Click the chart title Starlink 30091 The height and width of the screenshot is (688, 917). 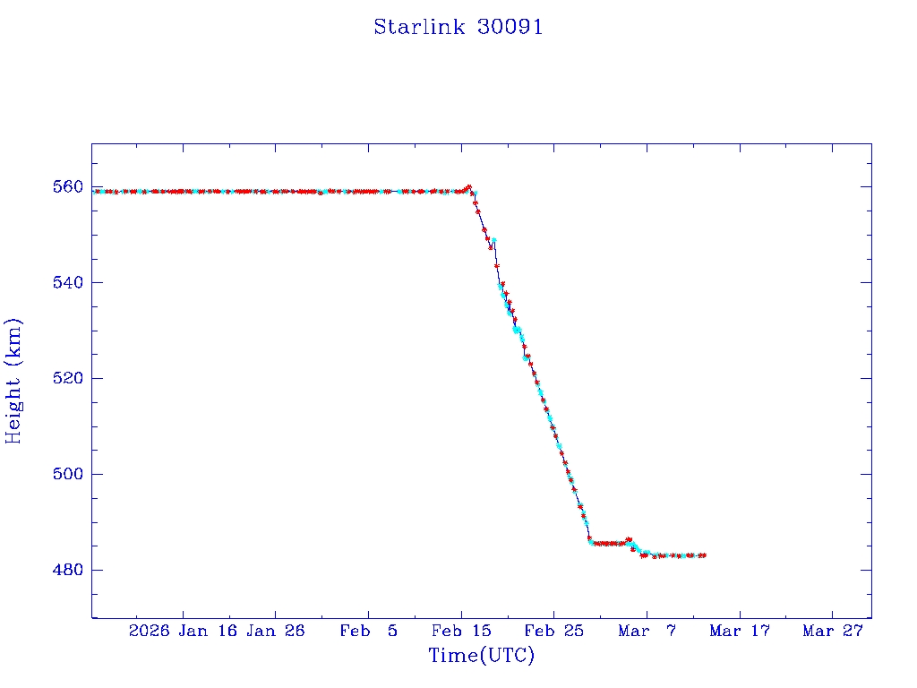click(x=458, y=27)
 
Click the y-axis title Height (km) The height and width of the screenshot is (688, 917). click(x=13, y=381)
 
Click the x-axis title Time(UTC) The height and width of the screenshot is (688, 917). click(x=482, y=656)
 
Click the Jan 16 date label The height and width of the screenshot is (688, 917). click(x=207, y=631)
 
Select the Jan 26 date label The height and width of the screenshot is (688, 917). click(x=275, y=631)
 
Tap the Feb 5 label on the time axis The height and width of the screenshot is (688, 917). click(x=368, y=631)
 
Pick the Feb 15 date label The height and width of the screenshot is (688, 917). click(x=460, y=631)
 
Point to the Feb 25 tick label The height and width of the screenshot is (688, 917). click(x=553, y=631)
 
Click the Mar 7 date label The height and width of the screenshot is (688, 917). click(x=647, y=631)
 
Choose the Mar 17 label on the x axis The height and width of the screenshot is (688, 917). click(x=739, y=631)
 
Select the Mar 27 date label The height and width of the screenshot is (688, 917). click(x=832, y=631)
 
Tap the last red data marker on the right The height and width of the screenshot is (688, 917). click(x=704, y=555)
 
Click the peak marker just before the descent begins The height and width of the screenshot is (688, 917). click(x=468, y=187)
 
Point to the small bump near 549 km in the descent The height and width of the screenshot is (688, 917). click(x=493, y=240)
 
